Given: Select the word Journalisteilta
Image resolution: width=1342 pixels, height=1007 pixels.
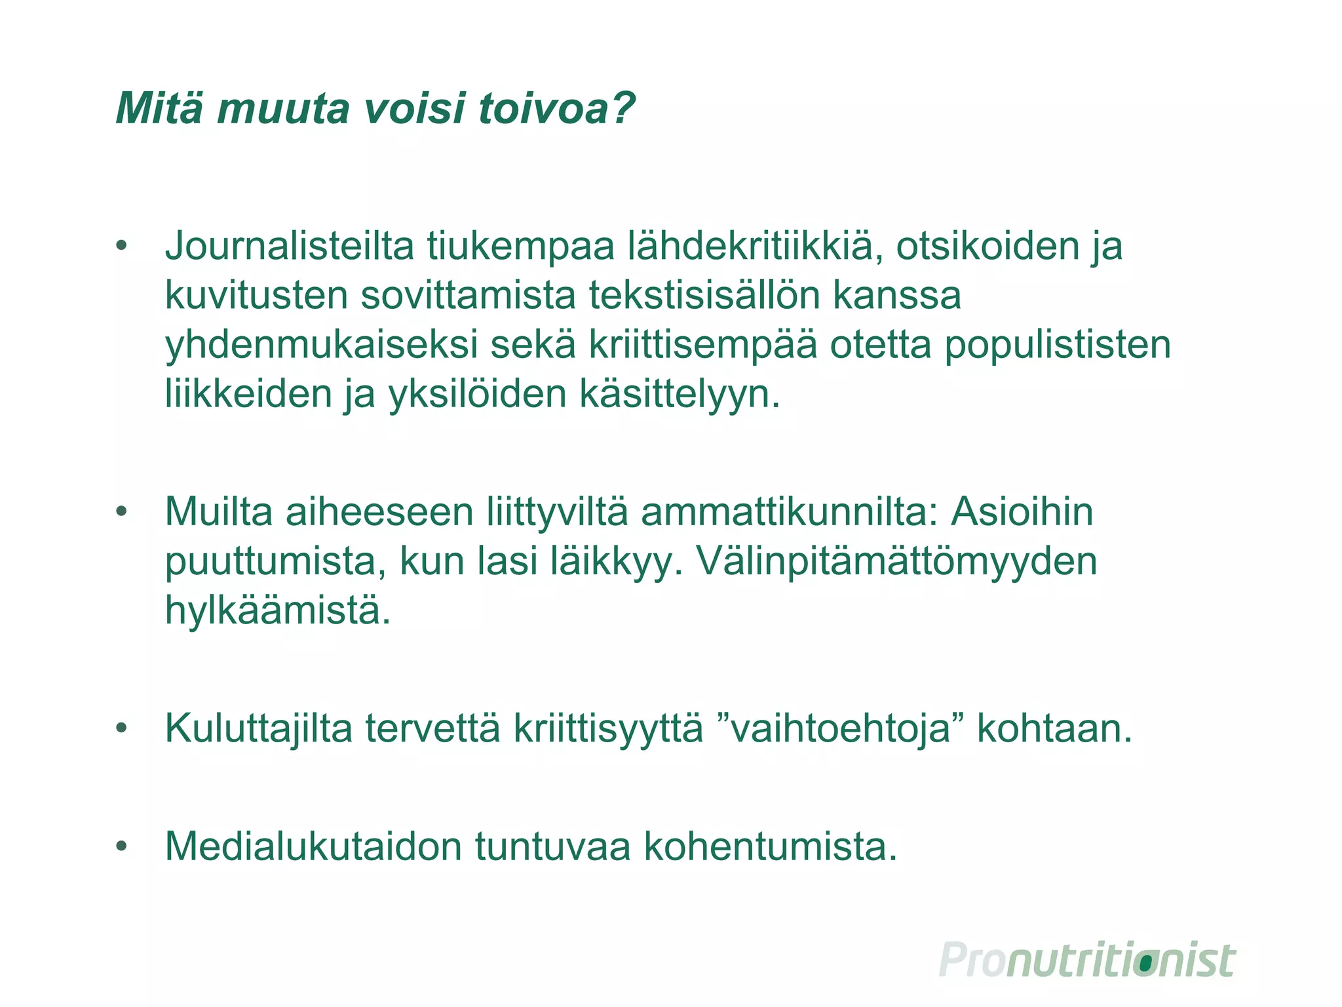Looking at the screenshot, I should [289, 247].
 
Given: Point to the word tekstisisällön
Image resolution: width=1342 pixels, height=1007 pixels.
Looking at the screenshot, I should [704, 296].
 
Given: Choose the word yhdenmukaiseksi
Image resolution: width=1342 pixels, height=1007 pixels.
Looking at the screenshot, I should [321, 346].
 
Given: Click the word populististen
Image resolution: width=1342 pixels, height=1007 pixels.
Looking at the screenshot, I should [1057, 346].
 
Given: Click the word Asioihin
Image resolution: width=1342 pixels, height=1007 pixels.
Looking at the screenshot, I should [1022, 512].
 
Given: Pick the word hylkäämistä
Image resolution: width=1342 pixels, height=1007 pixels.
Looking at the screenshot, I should [277, 611].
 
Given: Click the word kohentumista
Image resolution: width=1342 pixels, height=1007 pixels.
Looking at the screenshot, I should [771, 846].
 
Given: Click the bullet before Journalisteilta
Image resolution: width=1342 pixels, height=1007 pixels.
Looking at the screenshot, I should [121, 247].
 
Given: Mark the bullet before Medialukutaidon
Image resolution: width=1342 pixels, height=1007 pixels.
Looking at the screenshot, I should [121, 846].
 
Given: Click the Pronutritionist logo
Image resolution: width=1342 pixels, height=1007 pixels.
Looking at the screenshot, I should [1087, 961].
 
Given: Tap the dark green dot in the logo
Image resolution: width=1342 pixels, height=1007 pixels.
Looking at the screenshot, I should [1145, 963].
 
